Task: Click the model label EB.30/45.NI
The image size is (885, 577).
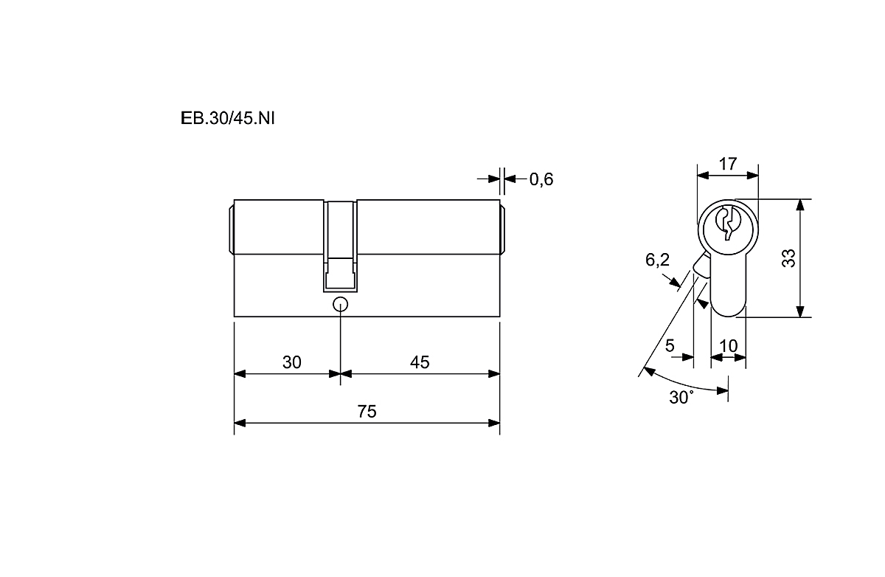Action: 228,118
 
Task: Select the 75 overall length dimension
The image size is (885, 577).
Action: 367,412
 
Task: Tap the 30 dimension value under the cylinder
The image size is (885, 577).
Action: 292,362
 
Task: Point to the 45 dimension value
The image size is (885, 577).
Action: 420,362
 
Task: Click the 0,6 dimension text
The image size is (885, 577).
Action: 541,179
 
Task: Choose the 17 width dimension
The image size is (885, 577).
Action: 728,164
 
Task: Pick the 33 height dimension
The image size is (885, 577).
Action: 788,258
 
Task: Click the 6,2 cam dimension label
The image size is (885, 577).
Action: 657,260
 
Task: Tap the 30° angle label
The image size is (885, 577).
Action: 681,397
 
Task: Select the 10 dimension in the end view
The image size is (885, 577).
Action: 729,346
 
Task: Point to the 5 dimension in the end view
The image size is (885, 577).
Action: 670,345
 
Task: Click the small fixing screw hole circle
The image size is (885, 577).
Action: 341,305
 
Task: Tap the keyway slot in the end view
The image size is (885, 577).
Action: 728,224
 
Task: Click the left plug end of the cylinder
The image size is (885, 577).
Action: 232,230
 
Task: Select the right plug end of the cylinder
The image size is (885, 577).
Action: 503,230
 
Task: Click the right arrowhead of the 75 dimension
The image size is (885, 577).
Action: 494,424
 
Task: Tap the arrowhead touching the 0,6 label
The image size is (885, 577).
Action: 510,179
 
